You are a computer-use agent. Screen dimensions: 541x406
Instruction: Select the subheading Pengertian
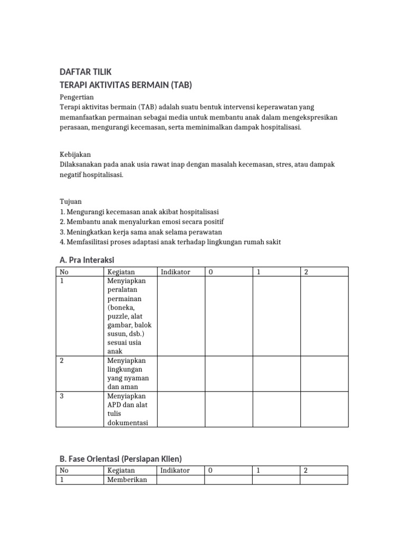(x=77, y=97)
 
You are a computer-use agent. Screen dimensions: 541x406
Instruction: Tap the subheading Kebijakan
(x=76, y=155)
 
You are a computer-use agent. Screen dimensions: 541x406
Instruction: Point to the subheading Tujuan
(x=70, y=202)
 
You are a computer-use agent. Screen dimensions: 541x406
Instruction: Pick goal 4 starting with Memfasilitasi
(x=170, y=242)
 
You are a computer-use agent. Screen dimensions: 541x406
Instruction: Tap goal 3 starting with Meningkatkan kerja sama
(x=141, y=232)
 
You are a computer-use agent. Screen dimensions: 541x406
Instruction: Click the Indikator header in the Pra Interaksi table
(x=175, y=272)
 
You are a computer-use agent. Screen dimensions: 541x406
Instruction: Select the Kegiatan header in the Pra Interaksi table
(x=121, y=272)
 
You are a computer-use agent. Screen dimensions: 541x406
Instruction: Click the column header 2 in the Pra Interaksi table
(x=307, y=272)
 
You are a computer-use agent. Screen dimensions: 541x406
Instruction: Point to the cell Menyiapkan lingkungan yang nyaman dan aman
(x=128, y=374)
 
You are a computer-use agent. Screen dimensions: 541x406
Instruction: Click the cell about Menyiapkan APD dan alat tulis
(x=127, y=409)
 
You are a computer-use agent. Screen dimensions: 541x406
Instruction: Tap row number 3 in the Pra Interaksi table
(x=62, y=396)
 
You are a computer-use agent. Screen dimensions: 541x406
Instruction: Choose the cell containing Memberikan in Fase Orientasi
(x=127, y=480)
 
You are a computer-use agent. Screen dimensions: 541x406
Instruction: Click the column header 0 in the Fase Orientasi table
(x=210, y=470)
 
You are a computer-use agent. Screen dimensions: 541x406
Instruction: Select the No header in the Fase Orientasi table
(x=64, y=470)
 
